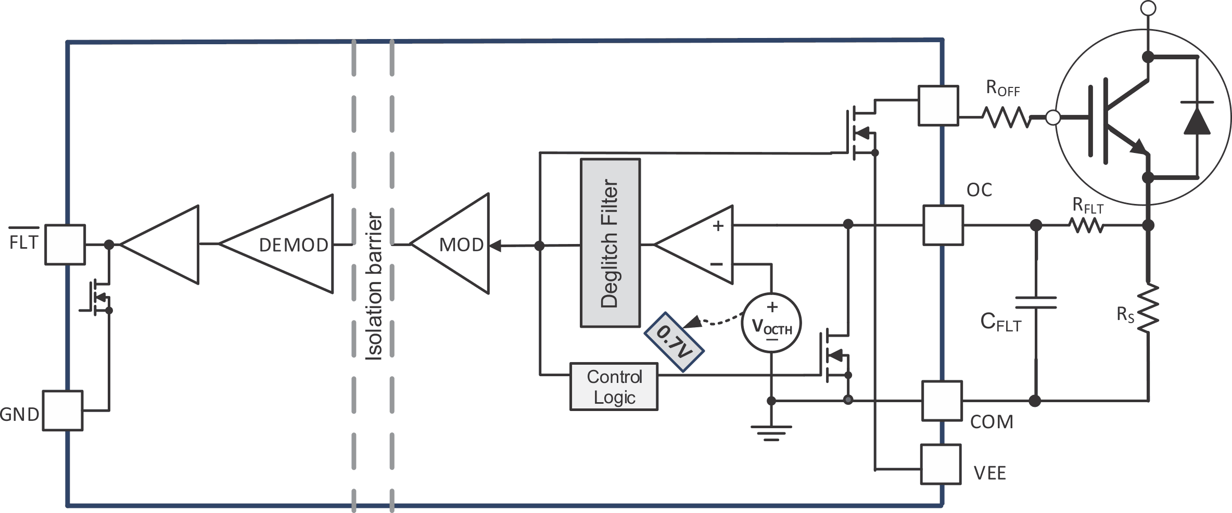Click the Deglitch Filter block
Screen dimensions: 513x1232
[x=610, y=243]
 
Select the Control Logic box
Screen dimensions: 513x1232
[x=614, y=387]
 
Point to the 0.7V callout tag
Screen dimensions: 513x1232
[x=674, y=341]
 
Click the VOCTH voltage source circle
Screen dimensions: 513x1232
[x=771, y=323]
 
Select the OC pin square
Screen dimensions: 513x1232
[x=943, y=225]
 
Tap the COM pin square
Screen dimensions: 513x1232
[x=942, y=401]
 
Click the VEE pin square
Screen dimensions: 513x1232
[x=940, y=464]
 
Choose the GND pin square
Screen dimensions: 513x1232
[x=62, y=411]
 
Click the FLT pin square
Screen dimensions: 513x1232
[x=65, y=245]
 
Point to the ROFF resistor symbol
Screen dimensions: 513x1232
[x=1007, y=118]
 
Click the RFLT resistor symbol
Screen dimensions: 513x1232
[x=1086, y=225]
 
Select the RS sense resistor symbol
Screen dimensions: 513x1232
[x=1148, y=307]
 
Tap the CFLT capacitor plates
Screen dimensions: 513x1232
[x=1036, y=302]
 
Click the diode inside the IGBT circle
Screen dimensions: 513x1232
[x=1197, y=119]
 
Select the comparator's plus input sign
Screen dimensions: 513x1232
[x=718, y=226]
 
